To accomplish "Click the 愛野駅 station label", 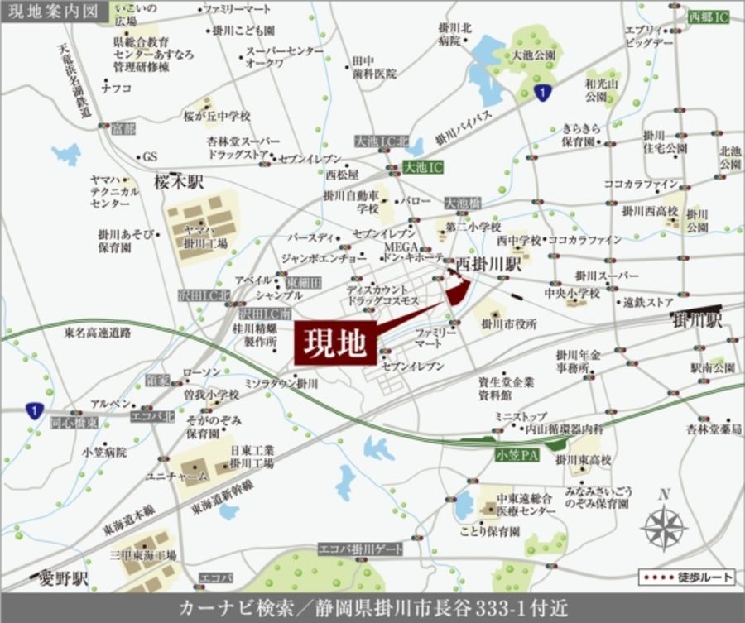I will pyautogui.click(x=63, y=577).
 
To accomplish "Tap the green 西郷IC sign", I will pyautogui.click(x=709, y=16).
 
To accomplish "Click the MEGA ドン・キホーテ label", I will pyautogui.click(x=411, y=252).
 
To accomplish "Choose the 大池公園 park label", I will pyautogui.click(x=532, y=55).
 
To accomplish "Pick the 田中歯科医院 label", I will pyautogui.click(x=373, y=67).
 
